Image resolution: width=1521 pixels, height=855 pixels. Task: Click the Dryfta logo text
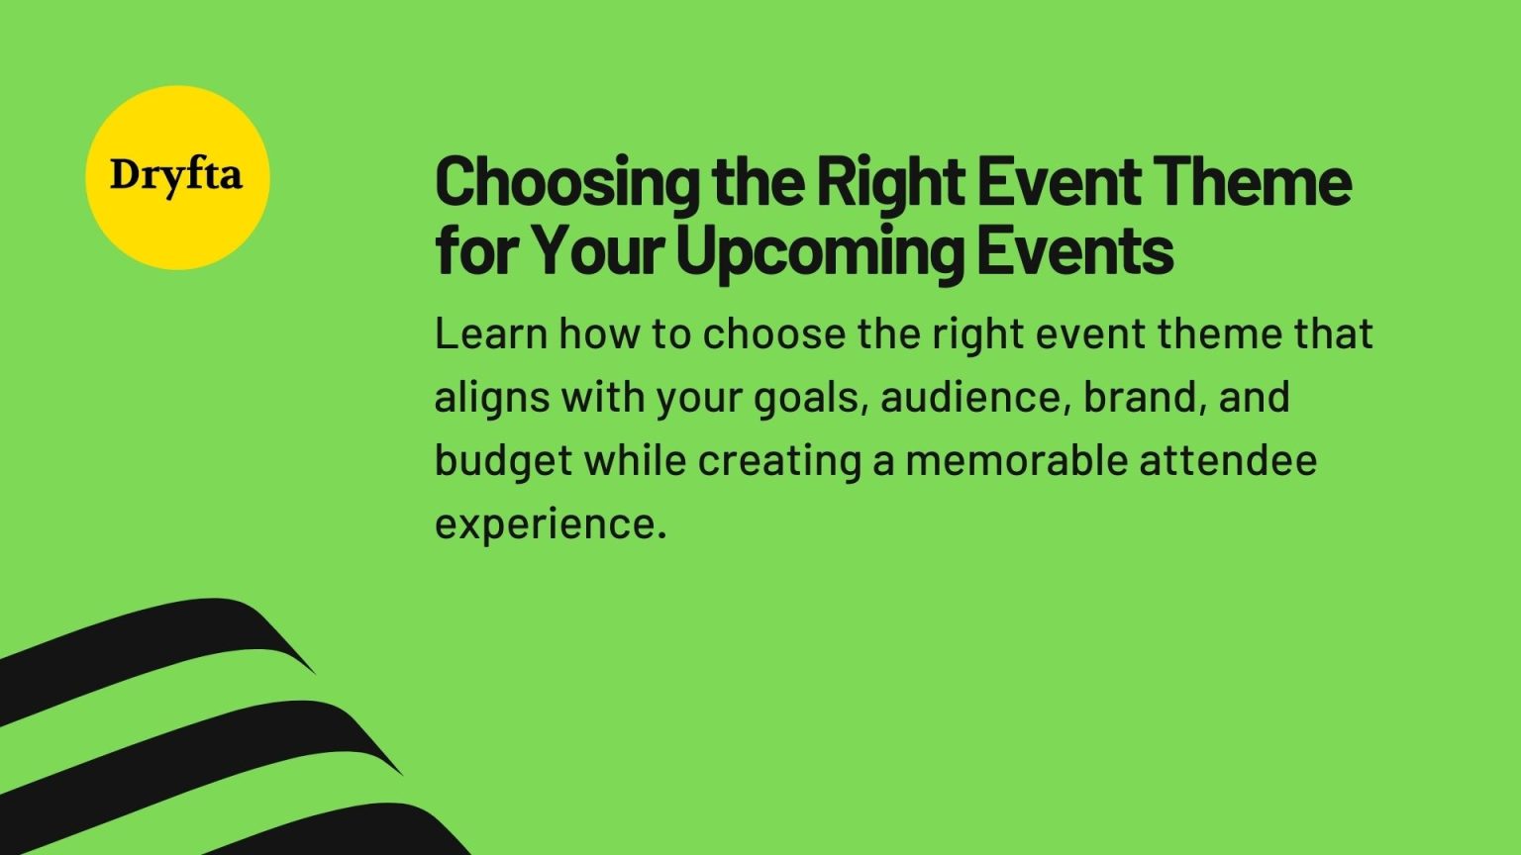click(x=176, y=176)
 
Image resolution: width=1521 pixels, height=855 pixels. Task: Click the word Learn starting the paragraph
click(x=491, y=334)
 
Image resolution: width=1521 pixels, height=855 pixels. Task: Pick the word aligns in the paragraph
click(x=491, y=399)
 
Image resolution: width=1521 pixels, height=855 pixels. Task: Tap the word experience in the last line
click(x=545, y=524)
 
